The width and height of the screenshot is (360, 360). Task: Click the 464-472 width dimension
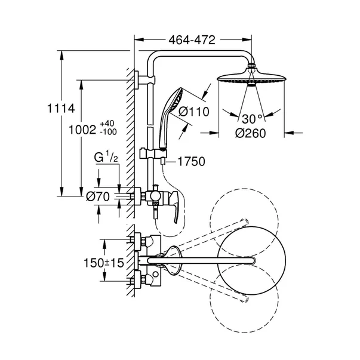click(193, 39)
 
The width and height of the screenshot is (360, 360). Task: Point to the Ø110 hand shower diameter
click(190, 110)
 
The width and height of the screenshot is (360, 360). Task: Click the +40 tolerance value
click(107, 122)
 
